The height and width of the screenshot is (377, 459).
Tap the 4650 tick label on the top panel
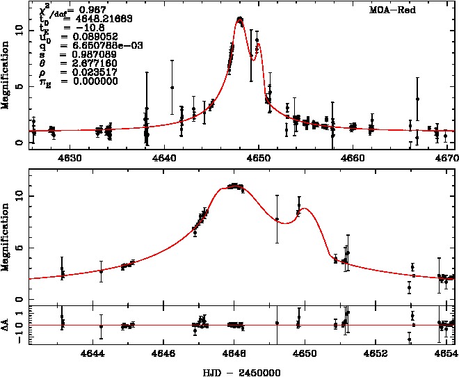click(259, 158)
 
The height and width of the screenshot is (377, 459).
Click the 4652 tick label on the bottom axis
click(376, 353)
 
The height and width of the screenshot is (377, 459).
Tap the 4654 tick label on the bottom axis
click(445, 353)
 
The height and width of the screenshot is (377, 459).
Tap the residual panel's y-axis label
click(6, 324)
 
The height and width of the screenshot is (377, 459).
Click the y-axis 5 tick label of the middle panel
click(19, 248)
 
